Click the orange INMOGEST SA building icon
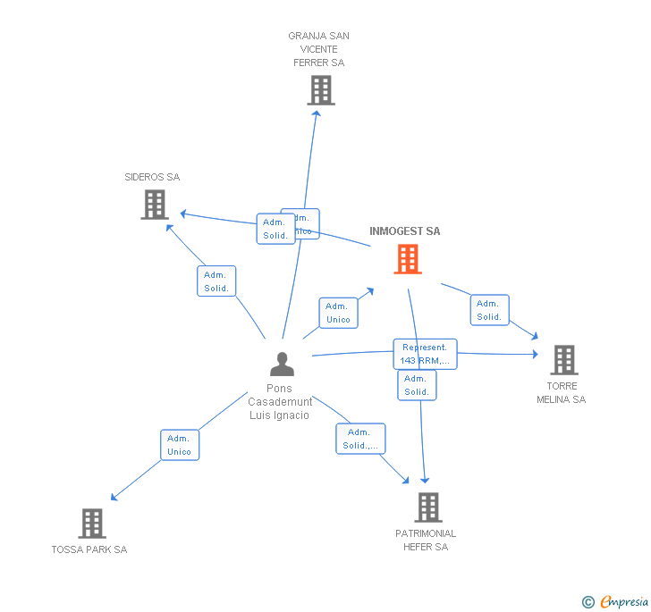(x=408, y=259)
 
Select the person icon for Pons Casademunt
(x=282, y=365)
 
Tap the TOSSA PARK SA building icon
(x=92, y=524)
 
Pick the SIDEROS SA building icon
(x=155, y=205)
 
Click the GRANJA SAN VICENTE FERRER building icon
(x=320, y=90)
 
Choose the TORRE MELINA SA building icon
(x=563, y=360)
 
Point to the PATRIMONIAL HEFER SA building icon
(x=428, y=507)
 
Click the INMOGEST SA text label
(x=405, y=231)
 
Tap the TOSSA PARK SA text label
(x=89, y=549)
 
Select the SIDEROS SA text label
(x=152, y=177)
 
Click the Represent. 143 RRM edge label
(x=426, y=354)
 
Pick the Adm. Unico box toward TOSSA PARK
(x=179, y=445)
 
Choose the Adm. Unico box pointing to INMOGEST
(x=338, y=313)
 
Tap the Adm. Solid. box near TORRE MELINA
(x=489, y=310)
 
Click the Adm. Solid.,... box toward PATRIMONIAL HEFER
(x=361, y=439)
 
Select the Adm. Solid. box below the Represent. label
(x=417, y=385)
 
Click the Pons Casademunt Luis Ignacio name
(x=280, y=402)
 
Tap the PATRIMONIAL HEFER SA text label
(x=426, y=540)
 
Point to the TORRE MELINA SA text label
(x=562, y=393)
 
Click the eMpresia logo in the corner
(x=616, y=602)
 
